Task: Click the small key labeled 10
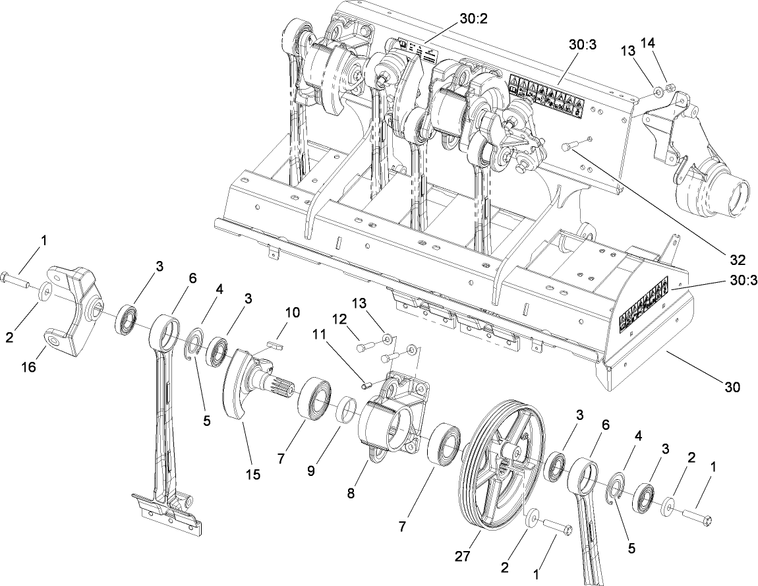tap(276, 343)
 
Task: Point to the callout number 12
tap(339, 319)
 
